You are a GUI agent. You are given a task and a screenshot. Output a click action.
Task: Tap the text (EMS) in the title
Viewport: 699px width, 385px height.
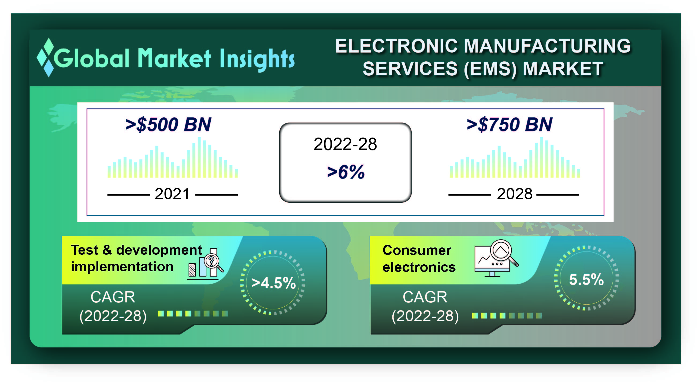[490, 69]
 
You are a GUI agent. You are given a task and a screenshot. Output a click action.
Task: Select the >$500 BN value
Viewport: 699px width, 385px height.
[168, 125]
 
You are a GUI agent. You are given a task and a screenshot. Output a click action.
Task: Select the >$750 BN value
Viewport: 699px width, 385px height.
[509, 125]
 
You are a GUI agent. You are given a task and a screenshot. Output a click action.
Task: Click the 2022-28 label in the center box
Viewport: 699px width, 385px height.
[345, 144]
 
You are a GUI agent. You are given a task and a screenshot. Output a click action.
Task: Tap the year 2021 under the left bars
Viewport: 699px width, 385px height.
[172, 194]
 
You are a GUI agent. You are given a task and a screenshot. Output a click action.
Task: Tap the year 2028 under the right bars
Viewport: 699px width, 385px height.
[514, 194]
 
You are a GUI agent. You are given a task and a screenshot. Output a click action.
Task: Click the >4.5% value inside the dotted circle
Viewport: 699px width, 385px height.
[273, 283]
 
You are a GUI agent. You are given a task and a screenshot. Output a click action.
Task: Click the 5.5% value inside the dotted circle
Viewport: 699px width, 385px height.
[586, 280]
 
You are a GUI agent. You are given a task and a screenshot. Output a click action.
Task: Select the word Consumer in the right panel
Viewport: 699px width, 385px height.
[417, 250]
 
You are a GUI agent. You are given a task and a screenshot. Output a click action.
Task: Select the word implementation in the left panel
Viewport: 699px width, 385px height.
[122, 267]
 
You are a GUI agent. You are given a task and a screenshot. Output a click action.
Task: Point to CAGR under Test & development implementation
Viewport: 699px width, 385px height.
[113, 297]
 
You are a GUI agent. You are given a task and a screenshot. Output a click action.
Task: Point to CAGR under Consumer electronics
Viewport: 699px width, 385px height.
[425, 297]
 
